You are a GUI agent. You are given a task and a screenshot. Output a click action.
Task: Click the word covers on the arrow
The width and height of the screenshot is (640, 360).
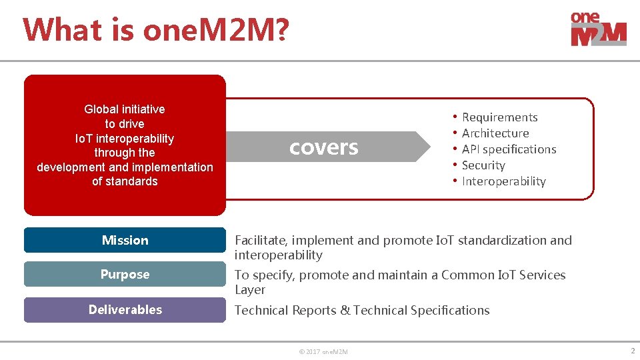[323, 147]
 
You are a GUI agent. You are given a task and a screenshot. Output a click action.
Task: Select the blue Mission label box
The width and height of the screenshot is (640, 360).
[125, 240]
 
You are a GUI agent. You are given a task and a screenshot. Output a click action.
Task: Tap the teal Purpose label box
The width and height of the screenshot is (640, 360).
[125, 274]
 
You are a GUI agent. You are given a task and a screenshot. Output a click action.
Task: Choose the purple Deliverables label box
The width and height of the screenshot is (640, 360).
[125, 309]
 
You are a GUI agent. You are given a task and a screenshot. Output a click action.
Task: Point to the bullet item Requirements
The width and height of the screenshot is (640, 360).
[499, 117]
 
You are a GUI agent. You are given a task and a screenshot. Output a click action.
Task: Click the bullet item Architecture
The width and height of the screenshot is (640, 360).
[495, 133]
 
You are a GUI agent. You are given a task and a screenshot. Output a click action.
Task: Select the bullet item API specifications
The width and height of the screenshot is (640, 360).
[509, 149]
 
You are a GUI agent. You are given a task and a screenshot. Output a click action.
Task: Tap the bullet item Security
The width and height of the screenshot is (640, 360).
[483, 165]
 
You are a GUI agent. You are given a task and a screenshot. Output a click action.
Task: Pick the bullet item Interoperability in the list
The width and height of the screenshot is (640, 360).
[503, 181]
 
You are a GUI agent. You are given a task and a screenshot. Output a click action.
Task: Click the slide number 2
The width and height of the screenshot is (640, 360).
[632, 351]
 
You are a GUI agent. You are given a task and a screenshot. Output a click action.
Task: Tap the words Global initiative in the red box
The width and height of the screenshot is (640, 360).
[125, 109]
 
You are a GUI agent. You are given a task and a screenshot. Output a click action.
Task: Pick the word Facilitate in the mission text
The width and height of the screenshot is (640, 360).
[259, 241]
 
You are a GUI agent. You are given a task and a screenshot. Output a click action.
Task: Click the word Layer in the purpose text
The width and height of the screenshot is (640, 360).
[249, 290]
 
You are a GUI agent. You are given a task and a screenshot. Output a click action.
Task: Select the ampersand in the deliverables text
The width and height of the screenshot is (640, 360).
[345, 311]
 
